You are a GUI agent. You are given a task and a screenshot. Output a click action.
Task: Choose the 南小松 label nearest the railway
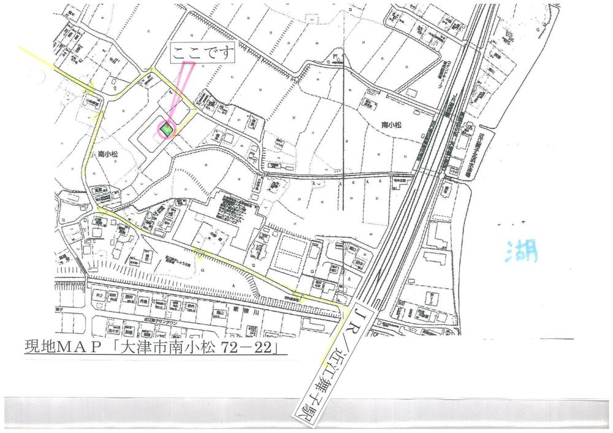tap(391, 125)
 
